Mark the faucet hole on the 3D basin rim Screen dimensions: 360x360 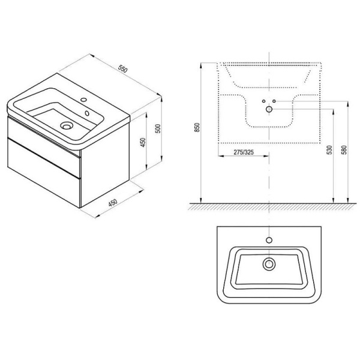[x=84, y=100]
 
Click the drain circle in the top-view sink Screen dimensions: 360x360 [x=268, y=263]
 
